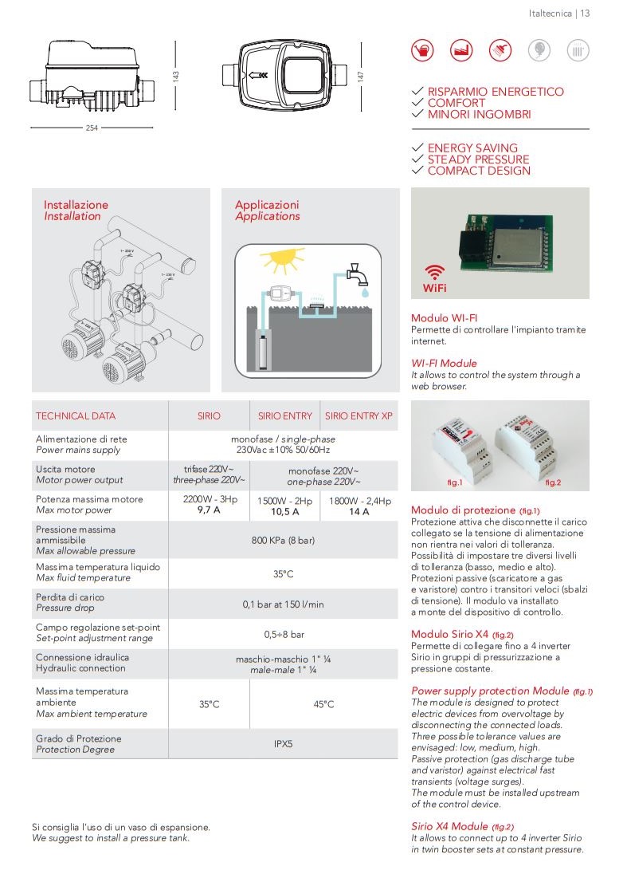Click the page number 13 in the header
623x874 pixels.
pos(585,13)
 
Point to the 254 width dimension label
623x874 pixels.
pos(92,128)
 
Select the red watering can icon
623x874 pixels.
pos(422,50)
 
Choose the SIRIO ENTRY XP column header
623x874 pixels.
pos(359,415)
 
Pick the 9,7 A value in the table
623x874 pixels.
pos(209,511)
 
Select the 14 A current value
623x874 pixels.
pos(359,511)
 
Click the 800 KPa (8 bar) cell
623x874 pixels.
pos(283,540)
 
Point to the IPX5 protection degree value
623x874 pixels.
pos(283,743)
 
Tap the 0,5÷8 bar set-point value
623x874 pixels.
pos(283,634)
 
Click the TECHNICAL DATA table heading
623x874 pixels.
pos(76,415)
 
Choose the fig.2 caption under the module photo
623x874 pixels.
pos(553,483)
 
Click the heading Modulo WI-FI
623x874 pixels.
pos(444,317)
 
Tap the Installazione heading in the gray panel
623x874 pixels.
pos(76,205)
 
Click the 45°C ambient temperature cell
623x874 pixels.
pos(323,704)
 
